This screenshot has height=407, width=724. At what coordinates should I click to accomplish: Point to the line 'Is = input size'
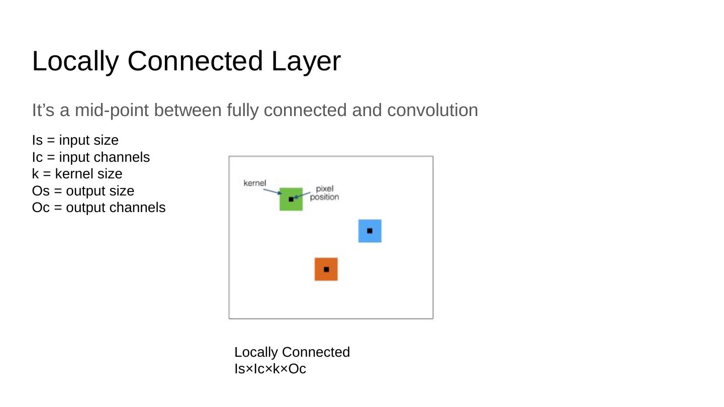point(75,140)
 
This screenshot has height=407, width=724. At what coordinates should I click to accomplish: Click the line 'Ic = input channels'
point(90,157)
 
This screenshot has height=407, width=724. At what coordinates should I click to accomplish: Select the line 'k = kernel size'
point(77,174)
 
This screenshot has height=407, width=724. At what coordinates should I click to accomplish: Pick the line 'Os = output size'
point(83,191)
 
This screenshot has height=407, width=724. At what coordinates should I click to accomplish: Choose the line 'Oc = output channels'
point(99,208)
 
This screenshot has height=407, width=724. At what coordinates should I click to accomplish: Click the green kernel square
point(285,205)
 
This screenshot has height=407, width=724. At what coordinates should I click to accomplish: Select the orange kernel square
point(320,275)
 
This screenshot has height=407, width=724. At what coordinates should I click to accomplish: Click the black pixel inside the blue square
point(370,231)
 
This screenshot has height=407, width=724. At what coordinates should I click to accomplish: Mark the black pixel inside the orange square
point(326,269)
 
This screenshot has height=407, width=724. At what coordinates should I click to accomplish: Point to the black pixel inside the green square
point(291,199)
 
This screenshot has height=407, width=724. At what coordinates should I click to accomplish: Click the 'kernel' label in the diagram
point(254,183)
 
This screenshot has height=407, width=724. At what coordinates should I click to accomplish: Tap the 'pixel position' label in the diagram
point(324,193)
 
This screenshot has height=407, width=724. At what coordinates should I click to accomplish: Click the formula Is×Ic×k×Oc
point(270,369)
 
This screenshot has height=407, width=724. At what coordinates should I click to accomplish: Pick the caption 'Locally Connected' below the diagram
point(292,352)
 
